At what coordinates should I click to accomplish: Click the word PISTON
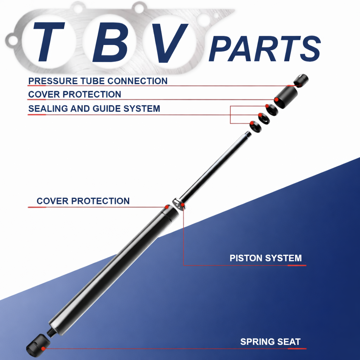coord(246,258)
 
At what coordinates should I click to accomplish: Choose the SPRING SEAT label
coord(270,341)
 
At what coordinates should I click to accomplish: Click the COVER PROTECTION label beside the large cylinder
coord(83,201)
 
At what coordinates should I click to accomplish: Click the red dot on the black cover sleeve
coord(277,100)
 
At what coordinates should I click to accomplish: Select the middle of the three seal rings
coord(263,118)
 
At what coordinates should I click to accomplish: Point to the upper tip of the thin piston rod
coord(248,134)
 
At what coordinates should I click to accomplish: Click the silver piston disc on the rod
coord(179,204)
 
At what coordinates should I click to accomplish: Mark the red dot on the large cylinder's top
coord(167,207)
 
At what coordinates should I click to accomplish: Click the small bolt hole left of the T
coord(13,41)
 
